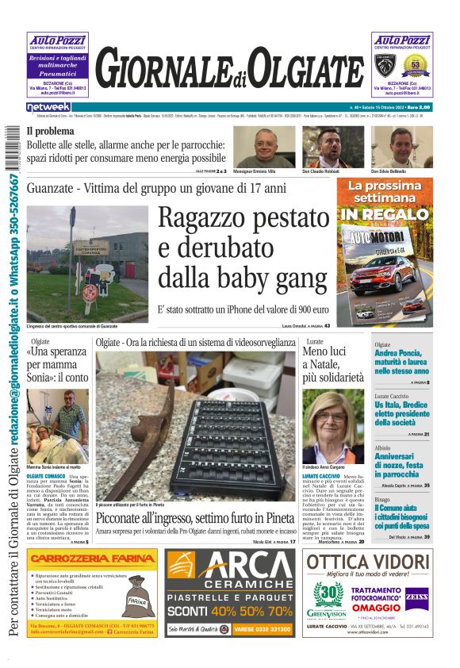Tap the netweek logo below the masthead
(48, 107)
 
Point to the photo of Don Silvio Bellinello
(392, 147)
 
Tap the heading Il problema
(51, 131)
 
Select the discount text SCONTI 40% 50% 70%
(230, 611)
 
